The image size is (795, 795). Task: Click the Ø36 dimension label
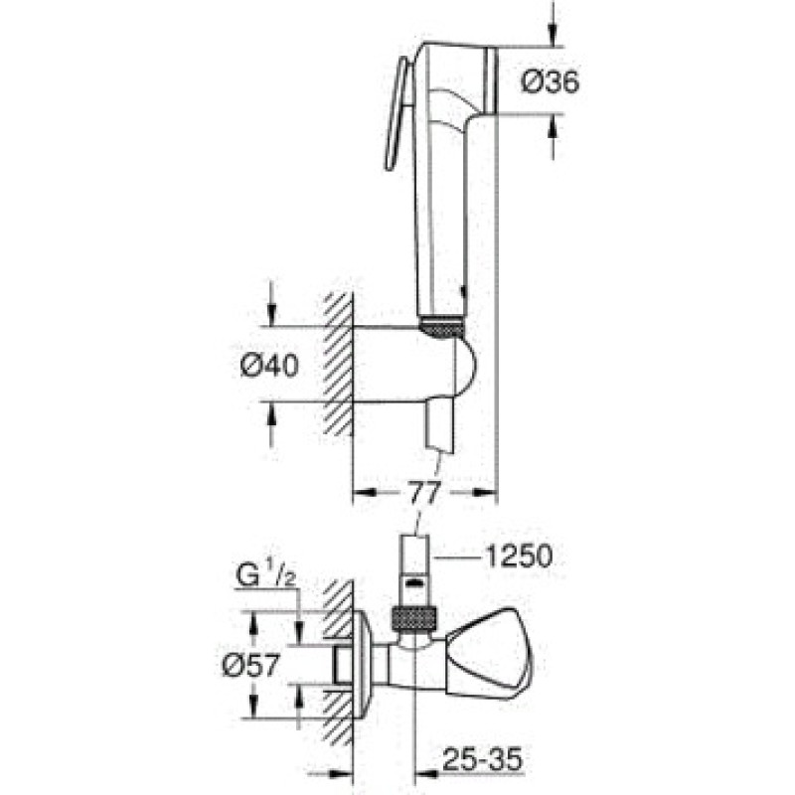coord(551,86)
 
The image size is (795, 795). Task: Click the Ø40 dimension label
coord(269,367)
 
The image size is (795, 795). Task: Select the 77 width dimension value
coord(424,491)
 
